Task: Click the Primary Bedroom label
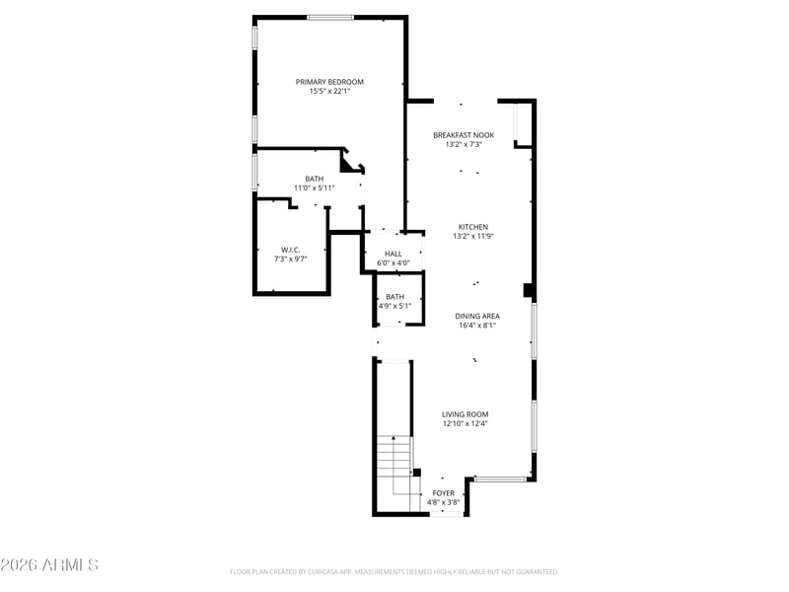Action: point(329,82)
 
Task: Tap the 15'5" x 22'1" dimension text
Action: point(329,91)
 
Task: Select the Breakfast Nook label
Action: point(464,135)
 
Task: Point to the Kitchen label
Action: point(473,227)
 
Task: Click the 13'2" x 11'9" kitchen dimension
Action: point(473,236)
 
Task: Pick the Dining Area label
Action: point(477,316)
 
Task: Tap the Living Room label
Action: point(465,414)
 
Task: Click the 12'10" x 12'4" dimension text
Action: point(465,423)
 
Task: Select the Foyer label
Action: point(443,492)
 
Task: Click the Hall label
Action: point(394,254)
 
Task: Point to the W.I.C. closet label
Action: point(290,250)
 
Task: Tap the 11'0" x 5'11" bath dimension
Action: point(314,187)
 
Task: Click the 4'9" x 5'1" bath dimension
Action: point(395,306)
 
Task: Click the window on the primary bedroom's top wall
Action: point(330,18)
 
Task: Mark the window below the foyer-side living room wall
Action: point(500,479)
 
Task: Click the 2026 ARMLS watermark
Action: point(49,564)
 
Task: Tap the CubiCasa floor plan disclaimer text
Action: point(394,572)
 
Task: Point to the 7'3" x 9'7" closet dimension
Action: point(290,259)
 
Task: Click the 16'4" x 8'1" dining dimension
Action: point(477,326)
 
